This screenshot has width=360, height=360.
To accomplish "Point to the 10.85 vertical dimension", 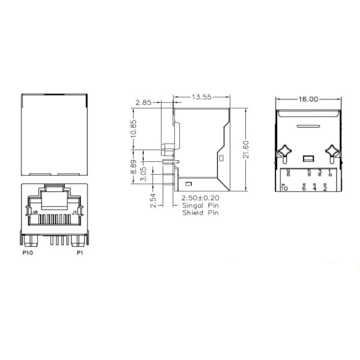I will click(134, 129).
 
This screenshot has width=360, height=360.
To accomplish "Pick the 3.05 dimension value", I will click(143, 175).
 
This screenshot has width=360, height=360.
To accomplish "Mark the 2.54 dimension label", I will click(153, 199).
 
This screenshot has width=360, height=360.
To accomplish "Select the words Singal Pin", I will click(200, 206).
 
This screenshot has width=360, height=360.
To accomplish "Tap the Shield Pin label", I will click(200, 212).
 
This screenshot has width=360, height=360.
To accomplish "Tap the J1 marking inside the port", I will click(75, 212).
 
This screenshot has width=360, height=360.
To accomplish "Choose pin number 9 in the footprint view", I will click(289, 172).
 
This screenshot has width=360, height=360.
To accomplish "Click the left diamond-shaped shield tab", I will click(284, 152).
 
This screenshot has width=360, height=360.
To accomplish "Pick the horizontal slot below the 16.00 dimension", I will click(308, 127).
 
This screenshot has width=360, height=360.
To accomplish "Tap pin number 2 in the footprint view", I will click(325, 188).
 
